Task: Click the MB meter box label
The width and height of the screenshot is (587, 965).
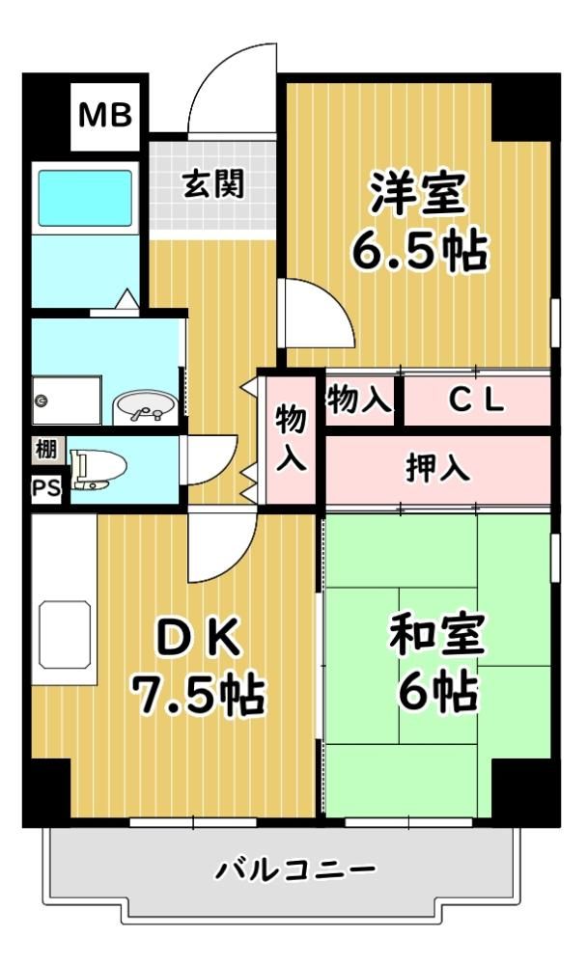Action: [104, 115]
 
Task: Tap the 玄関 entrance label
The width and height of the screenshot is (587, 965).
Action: [213, 184]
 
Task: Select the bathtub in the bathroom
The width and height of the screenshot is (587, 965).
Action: [85, 198]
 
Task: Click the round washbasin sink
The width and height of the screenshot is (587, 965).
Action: [145, 407]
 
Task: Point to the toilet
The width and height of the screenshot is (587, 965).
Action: [98, 469]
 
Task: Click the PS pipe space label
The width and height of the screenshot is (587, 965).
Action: [46, 488]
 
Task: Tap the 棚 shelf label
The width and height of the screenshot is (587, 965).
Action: [45, 450]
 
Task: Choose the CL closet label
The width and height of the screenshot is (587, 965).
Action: [477, 400]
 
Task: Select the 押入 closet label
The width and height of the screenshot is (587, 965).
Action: [438, 469]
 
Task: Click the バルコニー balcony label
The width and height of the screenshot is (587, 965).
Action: [295, 870]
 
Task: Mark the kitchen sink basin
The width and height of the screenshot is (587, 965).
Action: [65, 635]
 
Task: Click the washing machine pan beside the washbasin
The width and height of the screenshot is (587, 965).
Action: [67, 400]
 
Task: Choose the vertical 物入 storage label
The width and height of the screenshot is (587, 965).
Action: [291, 437]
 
